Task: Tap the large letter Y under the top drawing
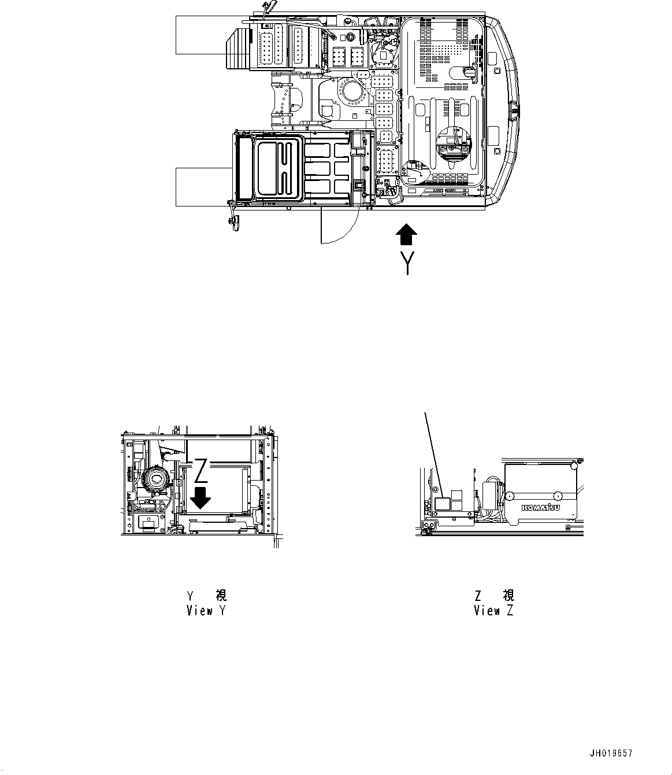click(x=408, y=263)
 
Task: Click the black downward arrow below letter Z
click(x=200, y=497)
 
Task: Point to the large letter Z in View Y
click(x=200, y=471)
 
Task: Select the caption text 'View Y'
click(x=206, y=610)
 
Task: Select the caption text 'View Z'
click(x=493, y=610)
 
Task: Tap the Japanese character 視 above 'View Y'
click(x=221, y=595)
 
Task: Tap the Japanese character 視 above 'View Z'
click(x=508, y=595)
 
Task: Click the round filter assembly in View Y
click(x=155, y=479)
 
